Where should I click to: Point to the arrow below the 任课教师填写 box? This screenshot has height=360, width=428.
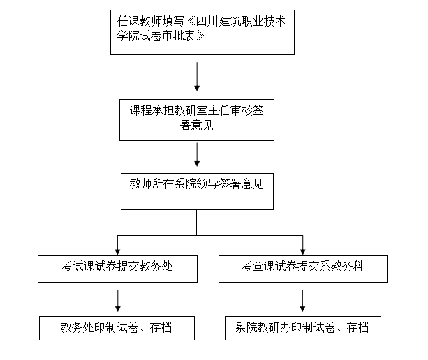[x=197, y=76]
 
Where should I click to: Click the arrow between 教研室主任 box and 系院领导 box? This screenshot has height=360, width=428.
[x=197, y=154]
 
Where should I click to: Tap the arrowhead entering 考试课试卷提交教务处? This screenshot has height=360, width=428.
[x=117, y=251]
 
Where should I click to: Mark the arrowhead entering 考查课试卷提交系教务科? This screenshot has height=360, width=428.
[x=303, y=251]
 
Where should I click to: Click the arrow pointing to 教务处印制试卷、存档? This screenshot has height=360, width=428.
[x=117, y=301]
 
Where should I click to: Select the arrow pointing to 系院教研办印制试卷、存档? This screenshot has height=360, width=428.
[x=302, y=301]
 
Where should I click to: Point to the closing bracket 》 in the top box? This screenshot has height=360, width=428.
[x=200, y=36]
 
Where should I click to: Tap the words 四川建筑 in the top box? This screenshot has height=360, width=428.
[x=219, y=21]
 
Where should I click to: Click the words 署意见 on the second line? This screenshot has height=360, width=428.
[x=196, y=126]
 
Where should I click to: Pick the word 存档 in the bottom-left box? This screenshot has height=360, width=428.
[x=161, y=327]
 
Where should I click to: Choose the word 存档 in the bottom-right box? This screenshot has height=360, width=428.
[x=357, y=327]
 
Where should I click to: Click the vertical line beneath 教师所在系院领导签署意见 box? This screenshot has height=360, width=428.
[x=196, y=223]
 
